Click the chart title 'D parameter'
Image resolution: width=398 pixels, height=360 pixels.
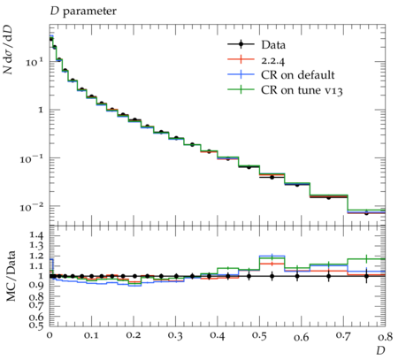pos(83,11)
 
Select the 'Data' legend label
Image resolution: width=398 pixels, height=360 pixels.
pos(273,45)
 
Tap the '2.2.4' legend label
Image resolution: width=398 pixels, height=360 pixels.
pos(272,60)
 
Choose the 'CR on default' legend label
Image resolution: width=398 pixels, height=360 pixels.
pos(298,75)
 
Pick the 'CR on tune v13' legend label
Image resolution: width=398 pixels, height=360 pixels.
pos(302,90)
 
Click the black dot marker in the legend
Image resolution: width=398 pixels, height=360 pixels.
pos(241,44)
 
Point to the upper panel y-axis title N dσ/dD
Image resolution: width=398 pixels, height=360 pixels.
pos(8,50)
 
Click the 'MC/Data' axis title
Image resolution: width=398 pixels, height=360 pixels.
pos(11,276)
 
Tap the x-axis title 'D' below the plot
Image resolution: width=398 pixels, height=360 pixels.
pos(380,350)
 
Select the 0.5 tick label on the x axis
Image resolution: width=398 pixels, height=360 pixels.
pos(259,336)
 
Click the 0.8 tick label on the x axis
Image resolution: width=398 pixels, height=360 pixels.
pos(385,336)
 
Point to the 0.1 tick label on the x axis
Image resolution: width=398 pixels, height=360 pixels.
pos(91,336)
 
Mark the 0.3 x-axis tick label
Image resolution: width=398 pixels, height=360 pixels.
pos(175,336)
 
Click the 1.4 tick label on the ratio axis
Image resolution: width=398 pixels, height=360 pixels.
pos(35,235)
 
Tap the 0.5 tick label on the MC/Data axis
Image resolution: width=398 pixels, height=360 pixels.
pos(35,325)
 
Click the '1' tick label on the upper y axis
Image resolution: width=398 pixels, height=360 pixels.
pos(41,110)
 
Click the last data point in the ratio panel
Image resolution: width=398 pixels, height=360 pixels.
pos(366,276)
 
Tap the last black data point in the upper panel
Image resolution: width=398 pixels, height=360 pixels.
pos(366,213)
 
